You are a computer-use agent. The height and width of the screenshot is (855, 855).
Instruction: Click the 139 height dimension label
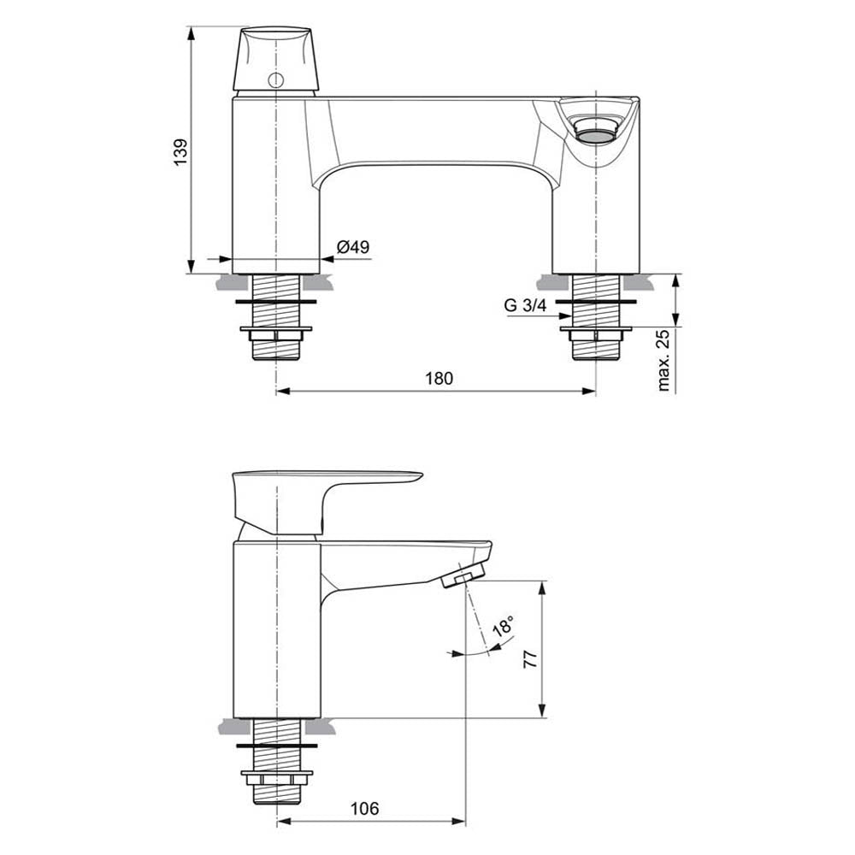180,152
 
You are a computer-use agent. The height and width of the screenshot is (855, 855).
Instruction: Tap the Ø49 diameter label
353,246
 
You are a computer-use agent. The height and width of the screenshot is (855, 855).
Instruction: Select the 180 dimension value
439,378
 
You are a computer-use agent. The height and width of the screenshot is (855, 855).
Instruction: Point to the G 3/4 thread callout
525,305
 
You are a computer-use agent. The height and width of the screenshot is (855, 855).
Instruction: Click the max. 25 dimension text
663,361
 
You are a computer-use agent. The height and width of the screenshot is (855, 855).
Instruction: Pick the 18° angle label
504,626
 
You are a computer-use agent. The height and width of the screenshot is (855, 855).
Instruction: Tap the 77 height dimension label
530,658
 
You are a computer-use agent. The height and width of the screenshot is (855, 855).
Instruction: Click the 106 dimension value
365,808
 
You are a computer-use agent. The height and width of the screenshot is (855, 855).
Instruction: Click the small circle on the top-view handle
276,80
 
